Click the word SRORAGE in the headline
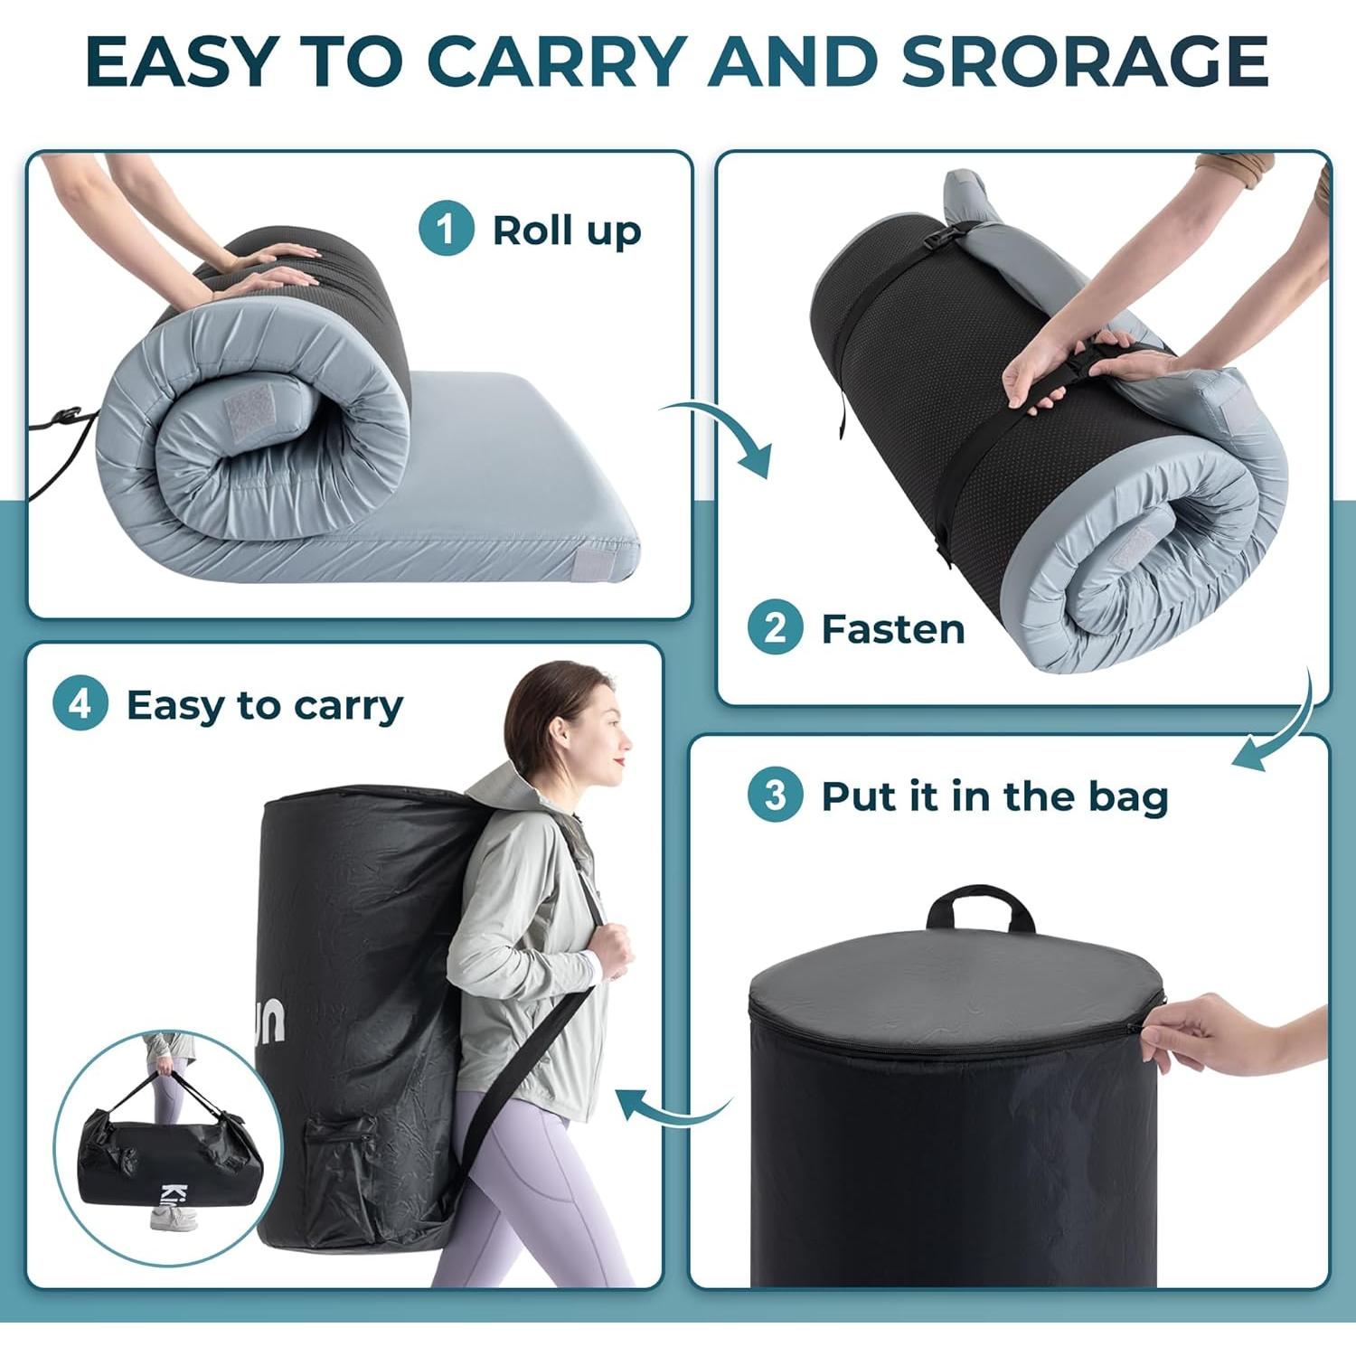(1084, 61)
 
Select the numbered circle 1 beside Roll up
(446, 229)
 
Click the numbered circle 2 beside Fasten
(775, 627)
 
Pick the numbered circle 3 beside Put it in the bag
(775, 796)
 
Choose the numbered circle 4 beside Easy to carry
(80, 703)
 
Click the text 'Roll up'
(567, 231)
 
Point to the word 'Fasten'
(892, 629)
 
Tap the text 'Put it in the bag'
(994, 796)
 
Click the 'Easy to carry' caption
(265, 705)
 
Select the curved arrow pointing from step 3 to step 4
(669, 1107)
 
